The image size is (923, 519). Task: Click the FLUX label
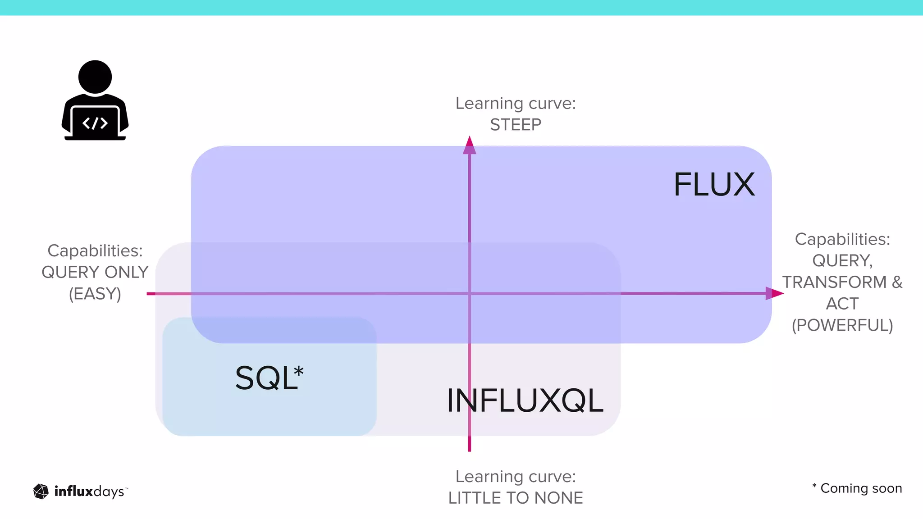[714, 185]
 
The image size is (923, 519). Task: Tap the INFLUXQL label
[525, 401]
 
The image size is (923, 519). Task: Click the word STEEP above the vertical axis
[516, 125]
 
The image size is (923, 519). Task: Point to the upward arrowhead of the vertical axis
[470, 145]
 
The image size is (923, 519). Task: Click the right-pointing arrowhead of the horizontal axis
[774, 293]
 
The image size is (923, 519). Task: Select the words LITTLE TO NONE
[516, 498]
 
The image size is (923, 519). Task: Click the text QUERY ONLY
[95, 272]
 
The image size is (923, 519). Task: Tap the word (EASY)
[95, 294]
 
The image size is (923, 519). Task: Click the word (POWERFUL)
[842, 325]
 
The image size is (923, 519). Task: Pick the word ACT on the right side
[842, 304]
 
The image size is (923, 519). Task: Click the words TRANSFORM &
[842, 282]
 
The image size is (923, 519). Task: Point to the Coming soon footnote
[861, 488]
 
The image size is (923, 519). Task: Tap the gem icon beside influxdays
[41, 492]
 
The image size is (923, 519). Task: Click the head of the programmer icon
[95, 77]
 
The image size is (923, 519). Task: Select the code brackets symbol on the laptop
[95, 123]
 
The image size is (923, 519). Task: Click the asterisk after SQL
[298, 372]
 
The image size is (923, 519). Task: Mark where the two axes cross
[470, 294]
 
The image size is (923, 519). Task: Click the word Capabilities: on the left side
[95, 250]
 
